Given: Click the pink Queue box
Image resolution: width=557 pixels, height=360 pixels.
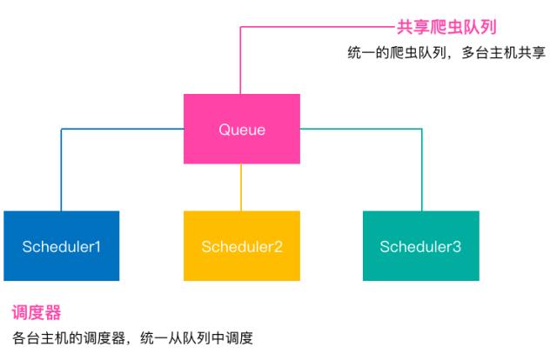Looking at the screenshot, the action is coord(242,129).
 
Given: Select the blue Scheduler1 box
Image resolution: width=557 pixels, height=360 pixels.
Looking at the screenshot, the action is coord(62,246).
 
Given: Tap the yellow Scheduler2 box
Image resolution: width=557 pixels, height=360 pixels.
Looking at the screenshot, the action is coord(242,246).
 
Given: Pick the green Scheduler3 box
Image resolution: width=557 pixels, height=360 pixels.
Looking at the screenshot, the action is coord(421,246).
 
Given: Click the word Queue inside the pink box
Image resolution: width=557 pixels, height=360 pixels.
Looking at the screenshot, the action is coord(242,130).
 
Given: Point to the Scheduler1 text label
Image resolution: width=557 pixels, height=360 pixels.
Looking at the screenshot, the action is coord(62,247).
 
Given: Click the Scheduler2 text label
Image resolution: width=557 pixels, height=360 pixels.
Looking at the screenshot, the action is coord(242,247).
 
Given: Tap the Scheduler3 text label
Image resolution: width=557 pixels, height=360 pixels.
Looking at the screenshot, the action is coord(420,247).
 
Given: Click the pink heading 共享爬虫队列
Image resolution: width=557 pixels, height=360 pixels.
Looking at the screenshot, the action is coord(446,27).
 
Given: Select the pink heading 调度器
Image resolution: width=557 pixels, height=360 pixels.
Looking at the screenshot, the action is coord(37,312).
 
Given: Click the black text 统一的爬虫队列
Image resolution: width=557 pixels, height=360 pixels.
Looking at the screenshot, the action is coord(397,53).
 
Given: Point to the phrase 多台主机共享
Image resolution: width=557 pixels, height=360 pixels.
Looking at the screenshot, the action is coord(503,53).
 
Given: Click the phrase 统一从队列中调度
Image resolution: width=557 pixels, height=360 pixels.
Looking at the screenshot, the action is coord(197,337).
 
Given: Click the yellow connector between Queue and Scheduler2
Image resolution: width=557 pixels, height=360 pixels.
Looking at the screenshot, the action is coord(241,188).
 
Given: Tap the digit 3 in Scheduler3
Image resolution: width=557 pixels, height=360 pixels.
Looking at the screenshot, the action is coord(457,247).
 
